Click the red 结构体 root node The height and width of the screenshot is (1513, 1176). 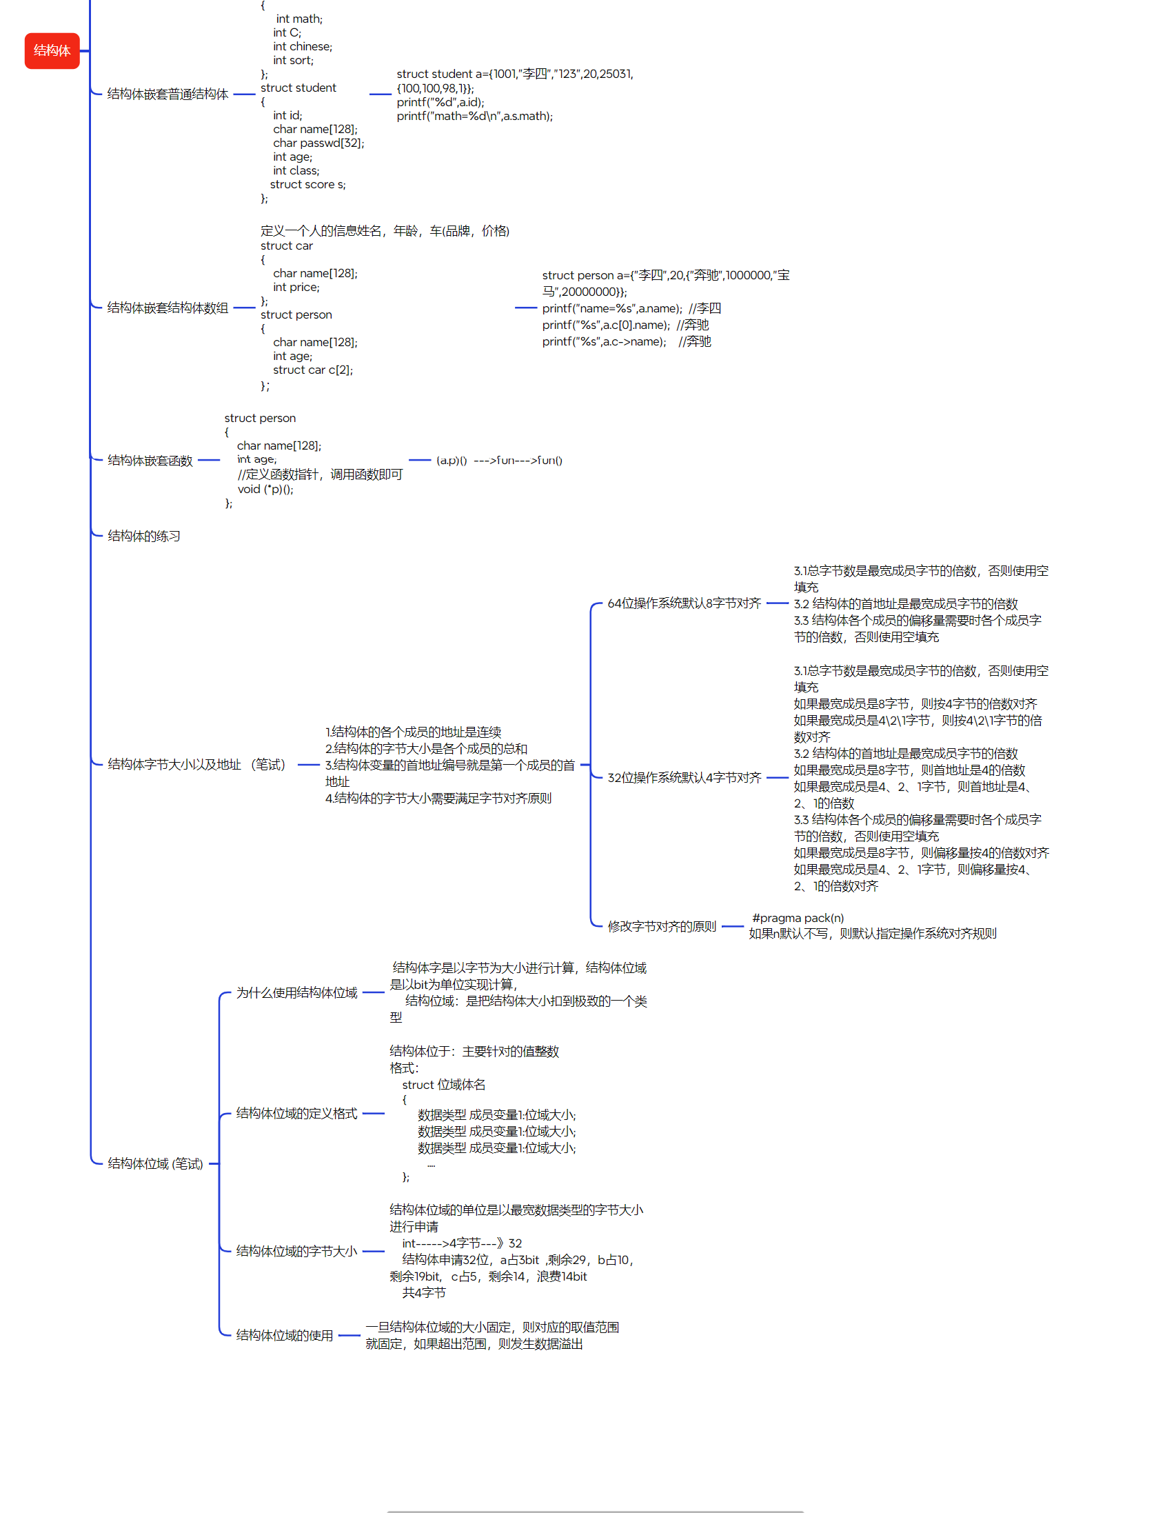tap(52, 50)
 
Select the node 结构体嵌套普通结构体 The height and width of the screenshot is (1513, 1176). tap(167, 94)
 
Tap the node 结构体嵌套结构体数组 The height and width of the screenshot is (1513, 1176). tap(167, 308)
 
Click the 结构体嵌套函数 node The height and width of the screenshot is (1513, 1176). tap(150, 461)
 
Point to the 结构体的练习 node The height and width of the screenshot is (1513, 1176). tap(144, 537)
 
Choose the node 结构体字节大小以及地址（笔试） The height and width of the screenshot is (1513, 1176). tap(196, 765)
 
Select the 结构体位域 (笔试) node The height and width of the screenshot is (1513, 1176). tap(155, 1164)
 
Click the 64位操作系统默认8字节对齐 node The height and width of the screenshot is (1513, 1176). tap(684, 603)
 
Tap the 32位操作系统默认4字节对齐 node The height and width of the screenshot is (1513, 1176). tap(684, 778)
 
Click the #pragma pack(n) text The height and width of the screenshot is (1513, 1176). tap(798, 919)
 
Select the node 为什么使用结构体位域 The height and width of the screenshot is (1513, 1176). tap(296, 994)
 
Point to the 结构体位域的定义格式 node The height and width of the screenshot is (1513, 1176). tap(296, 1114)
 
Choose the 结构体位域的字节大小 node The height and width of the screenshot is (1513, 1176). tap(296, 1251)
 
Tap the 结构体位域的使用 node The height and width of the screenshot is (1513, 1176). tap(284, 1336)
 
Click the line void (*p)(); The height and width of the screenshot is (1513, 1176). tap(265, 490)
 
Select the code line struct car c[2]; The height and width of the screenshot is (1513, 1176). tap(312, 370)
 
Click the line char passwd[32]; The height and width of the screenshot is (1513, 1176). tap(318, 143)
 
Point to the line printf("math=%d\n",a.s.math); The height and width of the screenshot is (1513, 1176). tap(474, 117)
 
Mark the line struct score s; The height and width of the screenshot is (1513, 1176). tap(307, 185)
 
